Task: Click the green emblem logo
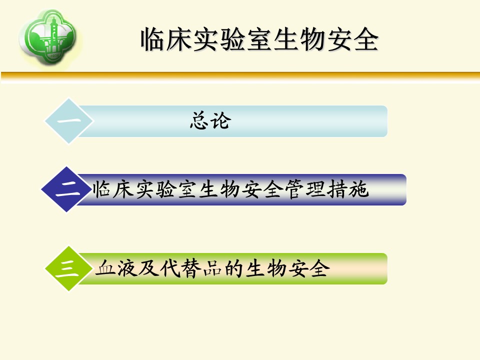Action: (x=48, y=36)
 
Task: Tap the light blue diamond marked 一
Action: (x=69, y=121)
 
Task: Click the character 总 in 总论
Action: (x=199, y=120)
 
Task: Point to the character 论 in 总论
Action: (x=220, y=120)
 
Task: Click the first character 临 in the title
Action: (x=153, y=39)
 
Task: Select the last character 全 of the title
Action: (x=366, y=39)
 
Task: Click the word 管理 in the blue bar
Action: (x=305, y=189)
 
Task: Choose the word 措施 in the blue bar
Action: (x=347, y=189)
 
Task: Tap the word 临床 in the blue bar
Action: (x=113, y=189)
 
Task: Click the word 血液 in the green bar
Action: (x=116, y=268)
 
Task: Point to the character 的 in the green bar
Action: (x=234, y=268)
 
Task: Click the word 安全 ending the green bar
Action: (x=308, y=268)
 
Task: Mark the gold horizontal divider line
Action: (x=240, y=76)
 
